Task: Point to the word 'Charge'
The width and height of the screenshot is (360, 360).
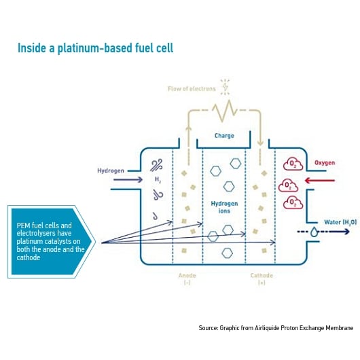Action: (224, 135)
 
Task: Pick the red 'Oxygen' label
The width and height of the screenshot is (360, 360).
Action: (326, 162)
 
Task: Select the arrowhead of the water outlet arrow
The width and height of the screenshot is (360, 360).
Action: (346, 232)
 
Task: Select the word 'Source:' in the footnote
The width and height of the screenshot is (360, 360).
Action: (208, 328)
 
